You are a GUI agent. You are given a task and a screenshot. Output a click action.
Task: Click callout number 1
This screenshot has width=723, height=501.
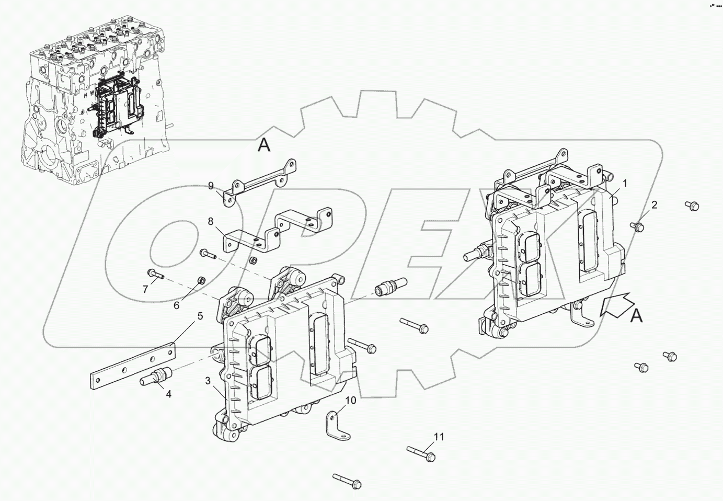[x=624, y=184]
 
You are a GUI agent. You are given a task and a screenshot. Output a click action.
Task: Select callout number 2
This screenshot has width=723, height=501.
[x=653, y=204]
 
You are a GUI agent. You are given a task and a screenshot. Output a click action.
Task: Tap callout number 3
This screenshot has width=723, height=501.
[x=208, y=380]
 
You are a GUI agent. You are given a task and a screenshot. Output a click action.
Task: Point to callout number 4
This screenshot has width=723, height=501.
[x=168, y=394]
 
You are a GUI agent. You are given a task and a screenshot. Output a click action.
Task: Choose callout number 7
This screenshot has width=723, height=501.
[x=146, y=289]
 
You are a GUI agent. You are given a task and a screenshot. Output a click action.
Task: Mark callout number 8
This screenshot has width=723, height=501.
[x=211, y=221]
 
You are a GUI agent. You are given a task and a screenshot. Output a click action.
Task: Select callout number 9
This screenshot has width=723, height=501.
[x=211, y=186]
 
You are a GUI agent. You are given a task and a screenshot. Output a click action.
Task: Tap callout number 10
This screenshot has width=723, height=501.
[x=351, y=401]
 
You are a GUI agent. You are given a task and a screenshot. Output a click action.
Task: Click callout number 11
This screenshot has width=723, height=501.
[x=439, y=436]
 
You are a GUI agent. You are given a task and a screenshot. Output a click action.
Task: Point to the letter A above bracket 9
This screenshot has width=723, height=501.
[x=265, y=145]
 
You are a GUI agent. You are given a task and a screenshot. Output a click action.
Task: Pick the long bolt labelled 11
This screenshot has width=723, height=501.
[x=421, y=452]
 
